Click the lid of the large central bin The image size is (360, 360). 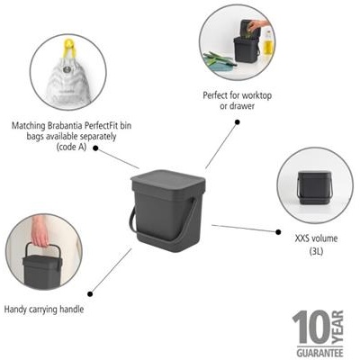168,180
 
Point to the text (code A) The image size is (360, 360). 71,147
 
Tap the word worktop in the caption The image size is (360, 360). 256,95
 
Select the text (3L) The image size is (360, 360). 316,251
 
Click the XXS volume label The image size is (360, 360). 316,238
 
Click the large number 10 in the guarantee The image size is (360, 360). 311,327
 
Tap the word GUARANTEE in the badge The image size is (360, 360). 319,351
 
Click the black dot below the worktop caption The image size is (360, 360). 238,122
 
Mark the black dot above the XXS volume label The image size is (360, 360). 278,232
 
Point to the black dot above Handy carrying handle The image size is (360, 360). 90,294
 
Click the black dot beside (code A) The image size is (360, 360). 95,148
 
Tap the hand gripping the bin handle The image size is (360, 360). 39,231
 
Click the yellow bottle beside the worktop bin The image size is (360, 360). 268,44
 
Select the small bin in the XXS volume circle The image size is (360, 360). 314,187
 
